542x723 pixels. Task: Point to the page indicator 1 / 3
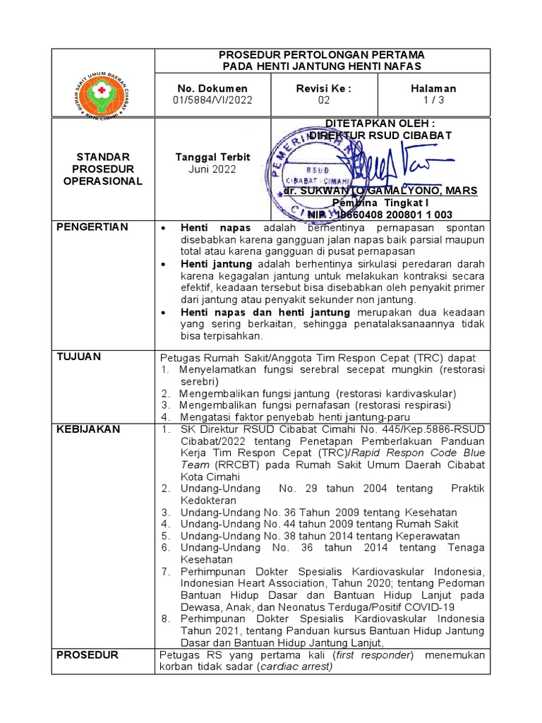click(433, 100)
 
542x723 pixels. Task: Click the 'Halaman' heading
click(433, 88)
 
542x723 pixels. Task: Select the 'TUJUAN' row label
click(78, 357)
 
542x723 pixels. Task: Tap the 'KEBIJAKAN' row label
click(88, 429)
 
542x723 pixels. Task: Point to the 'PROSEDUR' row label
click(88, 655)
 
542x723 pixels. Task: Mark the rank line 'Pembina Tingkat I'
click(380, 203)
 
